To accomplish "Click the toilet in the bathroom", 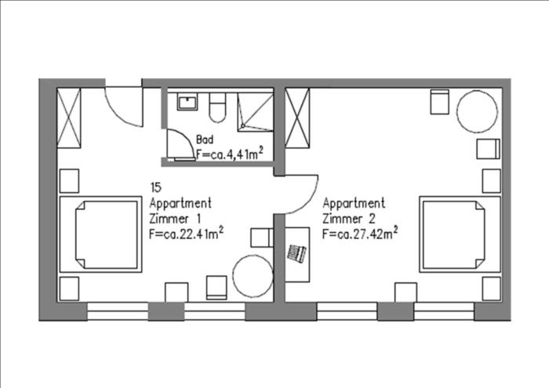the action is pyautogui.click(x=217, y=107).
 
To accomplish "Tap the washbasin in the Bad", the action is pyautogui.click(x=187, y=101).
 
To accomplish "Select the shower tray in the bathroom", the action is pyautogui.click(x=255, y=112).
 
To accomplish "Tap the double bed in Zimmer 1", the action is pyautogui.click(x=101, y=234).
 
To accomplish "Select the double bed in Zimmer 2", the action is pyautogui.click(x=460, y=234).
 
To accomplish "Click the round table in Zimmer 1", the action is pyautogui.click(x=253, y=276).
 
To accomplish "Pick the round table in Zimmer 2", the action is pyautogui.click(x=477, y=111).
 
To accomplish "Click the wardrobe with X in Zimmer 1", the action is pyautogui.click(x=69, y=118).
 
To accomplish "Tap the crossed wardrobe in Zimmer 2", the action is pyautogui.click(x=297, y=118).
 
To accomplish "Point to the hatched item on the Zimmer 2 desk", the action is pyautogui.click(x=296, y=253).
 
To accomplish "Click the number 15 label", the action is pyautogui.click(x=156, y=187).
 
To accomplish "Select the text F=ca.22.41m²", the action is pyautogui.click(x=187, y=234).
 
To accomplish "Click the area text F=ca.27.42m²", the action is pyautogui.click(x=360, y=233).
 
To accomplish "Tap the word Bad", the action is pyautogui.click(x=205, y=140).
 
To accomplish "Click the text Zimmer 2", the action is pyautogui.click(x=349, y=219).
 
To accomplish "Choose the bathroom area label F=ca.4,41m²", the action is pyautogui.click(x=230, y=154).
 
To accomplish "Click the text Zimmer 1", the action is pyautogui.click(x=175, y=219).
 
